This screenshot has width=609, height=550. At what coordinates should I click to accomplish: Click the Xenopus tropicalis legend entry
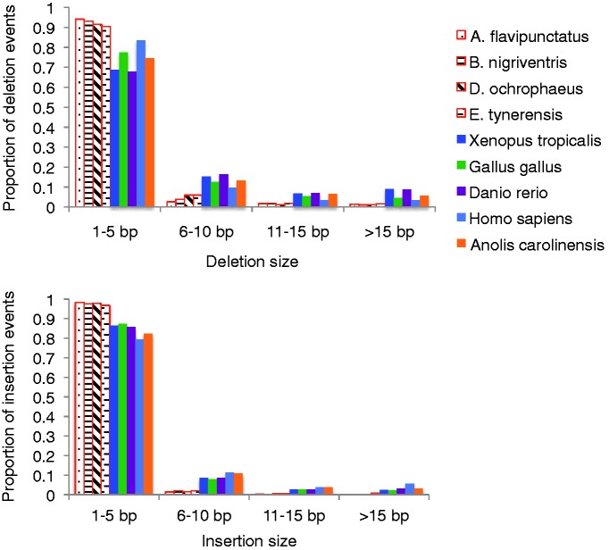click(529, 138)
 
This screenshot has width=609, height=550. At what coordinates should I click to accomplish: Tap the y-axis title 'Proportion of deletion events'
click(11, 107)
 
